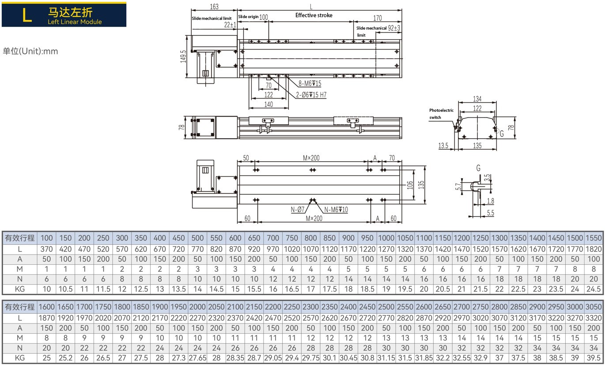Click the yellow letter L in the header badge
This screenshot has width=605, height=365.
pos(27,15)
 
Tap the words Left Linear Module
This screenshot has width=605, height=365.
pos(75,22)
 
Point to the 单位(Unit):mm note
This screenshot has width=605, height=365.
pos(30,51)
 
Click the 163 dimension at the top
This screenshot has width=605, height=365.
pos(214,7)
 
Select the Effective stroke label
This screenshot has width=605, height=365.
pos(314,15)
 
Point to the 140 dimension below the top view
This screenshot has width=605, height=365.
pos(268,105)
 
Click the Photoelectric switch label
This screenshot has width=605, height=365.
pos(441,114)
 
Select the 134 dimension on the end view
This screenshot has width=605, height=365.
pos(477,99)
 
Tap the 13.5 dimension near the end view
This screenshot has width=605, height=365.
pos(443,145)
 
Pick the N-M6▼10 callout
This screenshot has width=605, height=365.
pos(336,209)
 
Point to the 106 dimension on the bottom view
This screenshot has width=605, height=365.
pos(409,184)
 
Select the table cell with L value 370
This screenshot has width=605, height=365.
pos(46,249)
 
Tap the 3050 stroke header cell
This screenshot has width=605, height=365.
pos(594,307)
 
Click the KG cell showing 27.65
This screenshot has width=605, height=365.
pos(197,358)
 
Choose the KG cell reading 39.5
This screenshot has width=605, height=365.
pos(594,358)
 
